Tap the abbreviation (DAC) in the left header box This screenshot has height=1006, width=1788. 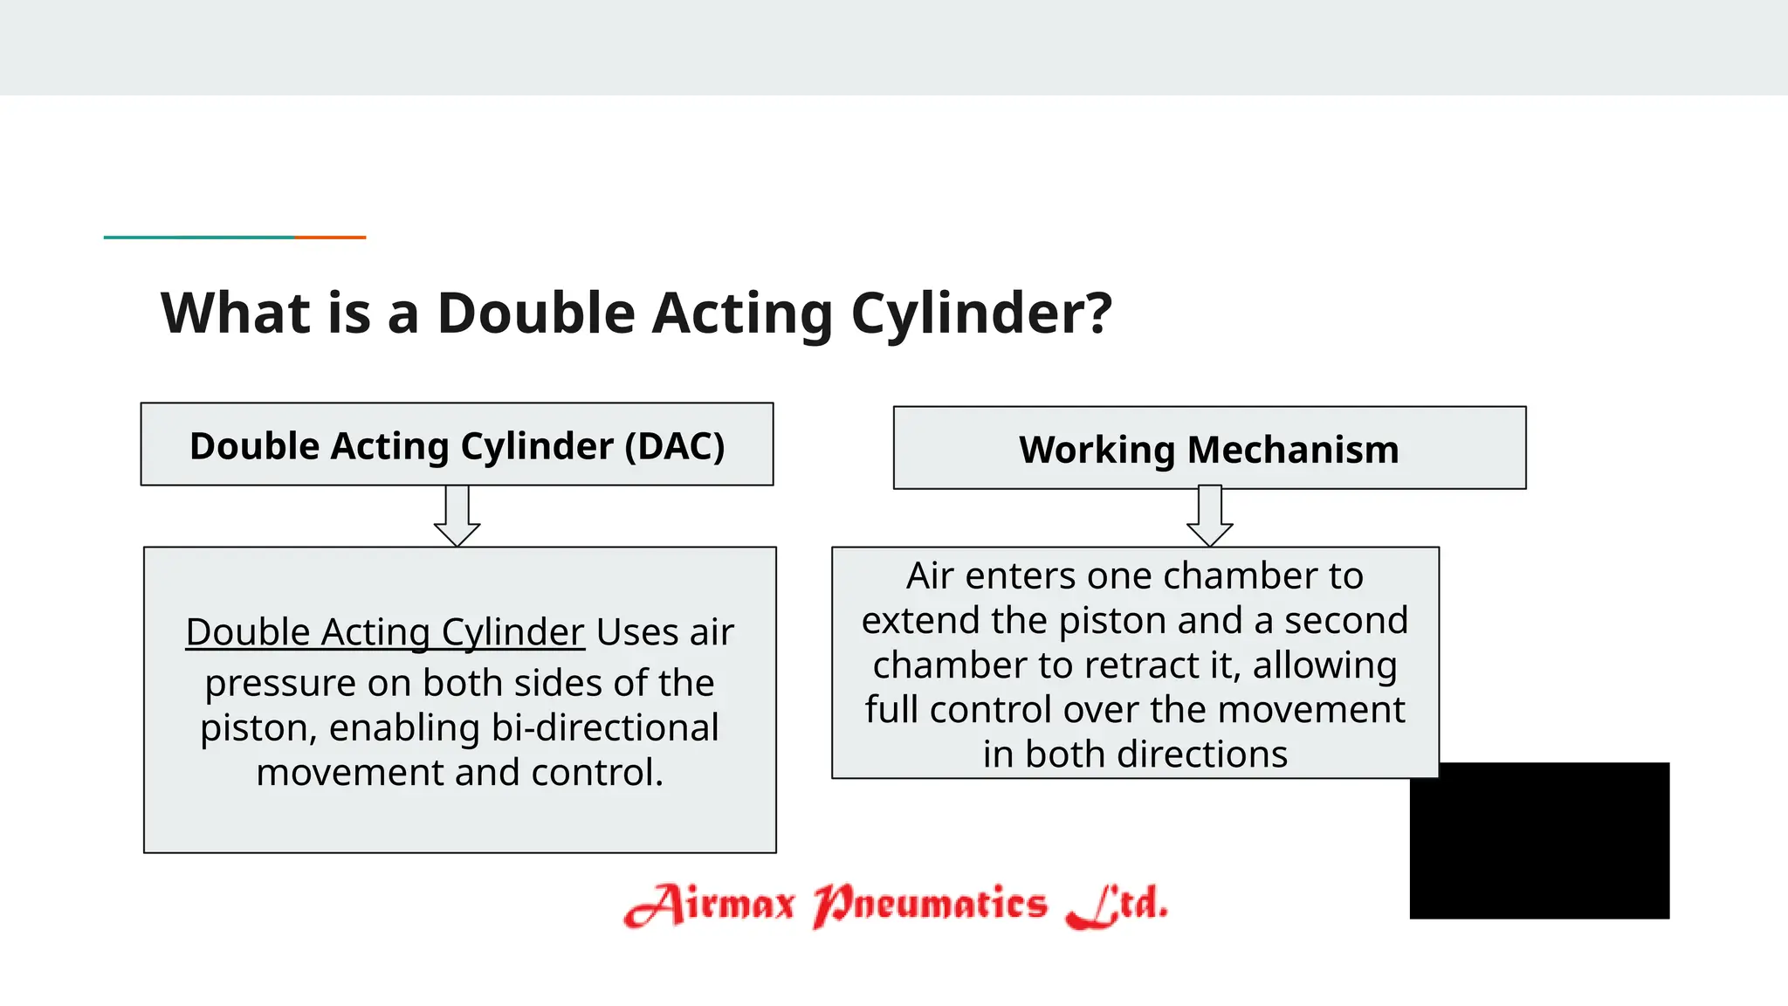pos(675,446)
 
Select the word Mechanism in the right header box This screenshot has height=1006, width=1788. pos(1293,450)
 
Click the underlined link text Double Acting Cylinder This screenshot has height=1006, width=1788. pos(384,631)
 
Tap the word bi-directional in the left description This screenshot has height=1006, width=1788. pos(605,727)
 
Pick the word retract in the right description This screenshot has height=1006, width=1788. pos(1142,665)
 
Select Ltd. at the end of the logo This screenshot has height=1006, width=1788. pos(1117,905)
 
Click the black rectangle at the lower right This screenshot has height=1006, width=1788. pos(1539,840)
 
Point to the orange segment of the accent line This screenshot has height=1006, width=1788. pos(330,237)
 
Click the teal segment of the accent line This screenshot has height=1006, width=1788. pos(199,237)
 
